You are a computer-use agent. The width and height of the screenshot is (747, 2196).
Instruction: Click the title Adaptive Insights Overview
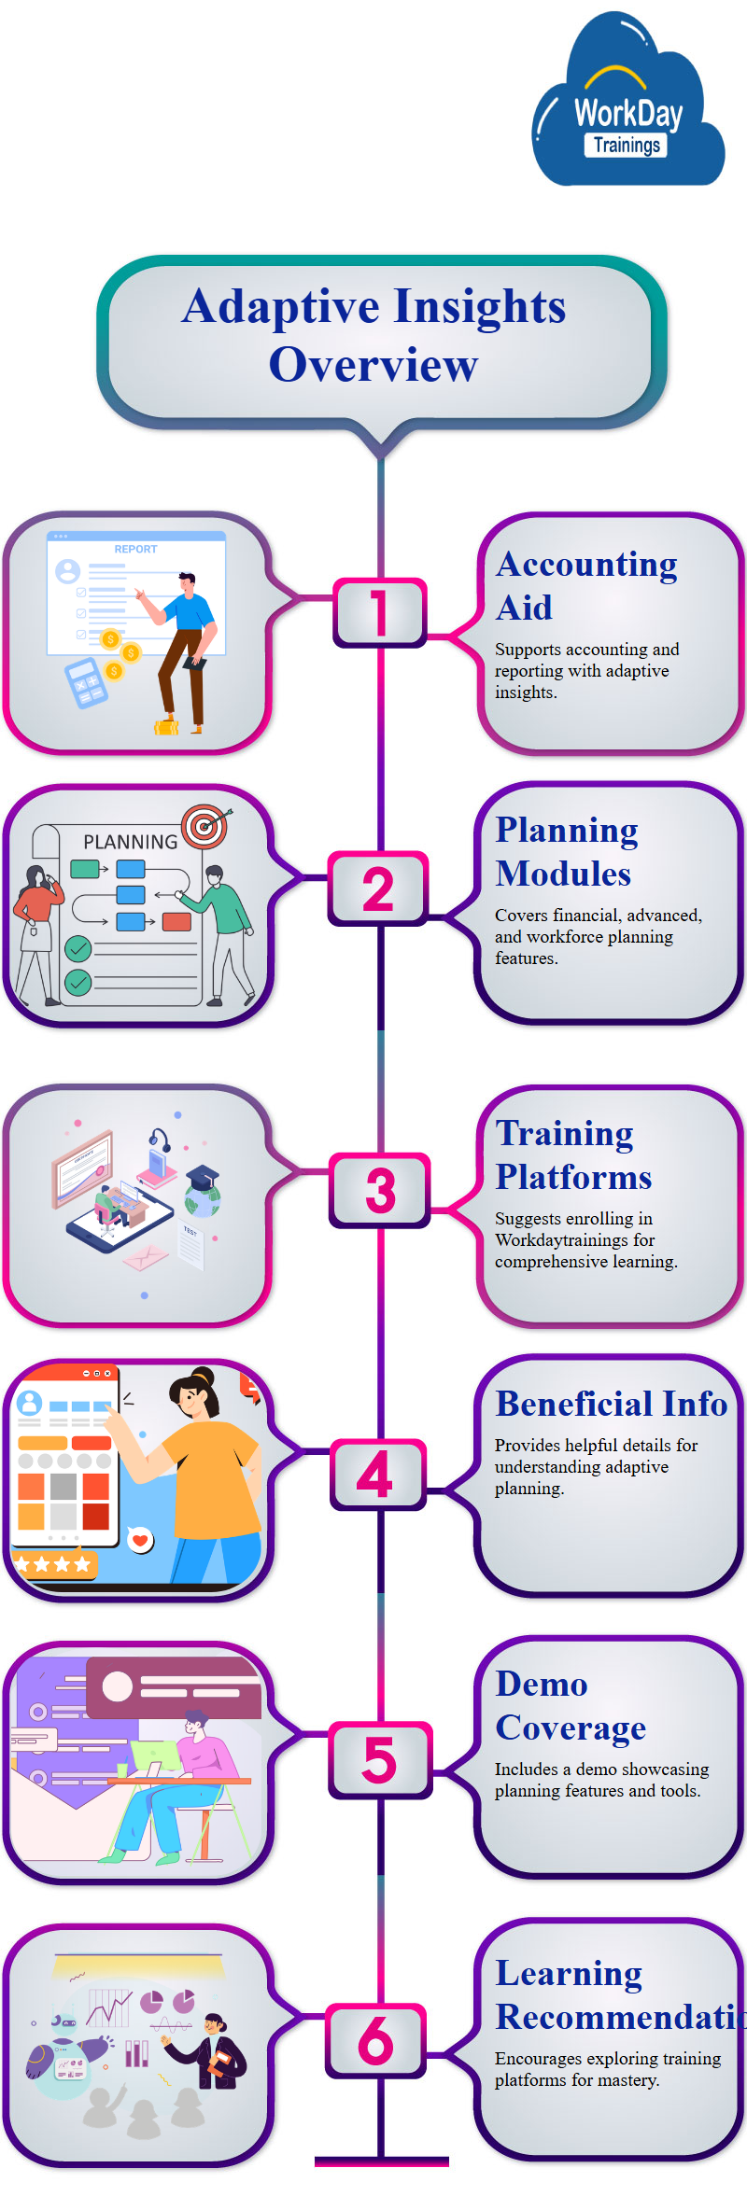[x=374, y=335]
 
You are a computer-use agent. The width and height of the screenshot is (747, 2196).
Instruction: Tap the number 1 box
[x=379, y=612]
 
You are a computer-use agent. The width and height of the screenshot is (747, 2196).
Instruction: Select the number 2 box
[x=378, y=888]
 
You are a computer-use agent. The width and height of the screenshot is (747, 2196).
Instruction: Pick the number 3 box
[x=380, y=1190]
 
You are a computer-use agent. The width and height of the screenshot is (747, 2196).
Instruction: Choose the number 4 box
[x=377, y=1475]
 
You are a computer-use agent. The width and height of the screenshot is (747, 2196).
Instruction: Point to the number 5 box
[x=380, y=1760]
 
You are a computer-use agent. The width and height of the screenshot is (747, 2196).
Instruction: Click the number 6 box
[x=376, y=2040]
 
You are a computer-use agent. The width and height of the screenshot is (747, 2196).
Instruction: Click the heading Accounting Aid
[x=586, y=585]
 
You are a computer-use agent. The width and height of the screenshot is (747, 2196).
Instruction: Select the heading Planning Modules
[x=567, y=851]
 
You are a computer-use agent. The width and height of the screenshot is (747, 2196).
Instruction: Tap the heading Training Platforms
[x=573, y=1154]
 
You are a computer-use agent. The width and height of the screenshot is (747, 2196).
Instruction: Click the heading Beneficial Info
[x=611, y=1404]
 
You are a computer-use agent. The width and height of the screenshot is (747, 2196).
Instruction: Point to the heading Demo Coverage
[x=571, y=1705]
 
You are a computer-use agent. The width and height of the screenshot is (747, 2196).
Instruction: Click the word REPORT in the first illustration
[x=135, y=549]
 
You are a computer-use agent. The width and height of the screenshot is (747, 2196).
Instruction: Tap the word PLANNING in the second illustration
[x=130, y=842]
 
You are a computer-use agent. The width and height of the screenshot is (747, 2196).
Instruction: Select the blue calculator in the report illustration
[x=85, y=683]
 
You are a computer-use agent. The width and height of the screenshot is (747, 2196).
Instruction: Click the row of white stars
[x=52, y=1564]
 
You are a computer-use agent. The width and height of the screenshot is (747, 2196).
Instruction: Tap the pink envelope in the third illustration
[x=145, y=1258]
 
